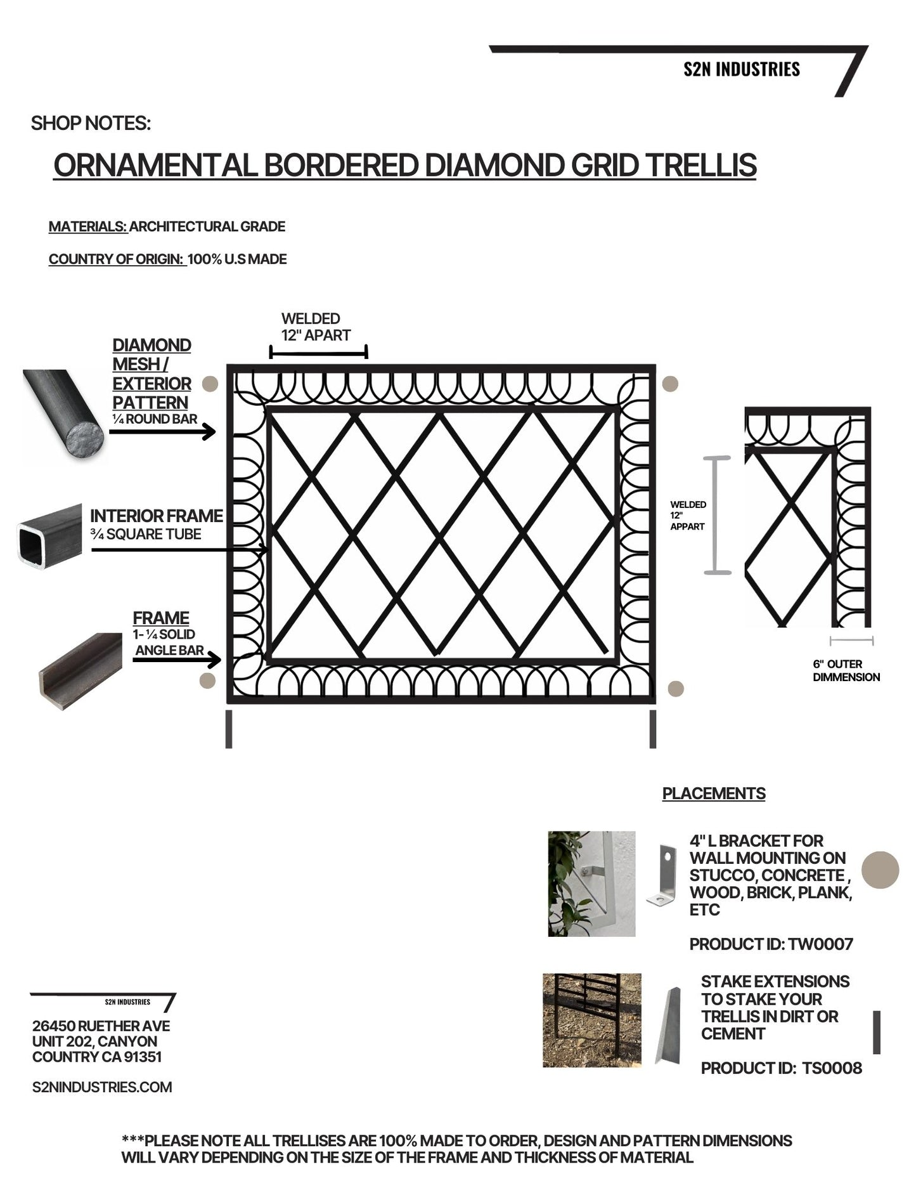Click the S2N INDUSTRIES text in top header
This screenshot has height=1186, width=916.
pos(741,69)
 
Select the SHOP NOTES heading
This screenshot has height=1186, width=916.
pos(91,123)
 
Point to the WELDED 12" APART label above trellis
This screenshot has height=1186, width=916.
pos(315,327)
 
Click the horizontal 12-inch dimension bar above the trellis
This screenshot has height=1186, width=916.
pos(318,353)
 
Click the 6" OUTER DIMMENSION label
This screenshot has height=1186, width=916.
pos(846,670)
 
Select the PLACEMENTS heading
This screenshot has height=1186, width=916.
pos(713,793)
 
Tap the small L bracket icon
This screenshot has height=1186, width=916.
pos(662,875)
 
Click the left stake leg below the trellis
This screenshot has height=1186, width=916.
pos(229,729)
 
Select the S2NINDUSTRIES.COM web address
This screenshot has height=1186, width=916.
pos(102,1087)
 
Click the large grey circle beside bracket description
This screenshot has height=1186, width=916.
pos(881,870)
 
